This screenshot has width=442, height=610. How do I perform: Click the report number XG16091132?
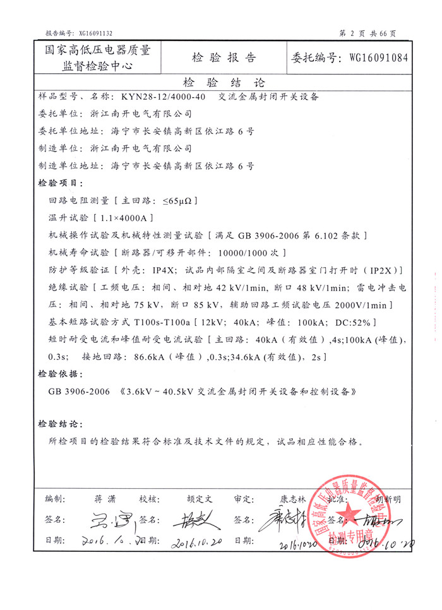95,33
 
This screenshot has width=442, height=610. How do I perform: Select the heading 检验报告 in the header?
224,58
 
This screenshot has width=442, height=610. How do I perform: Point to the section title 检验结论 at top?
224,83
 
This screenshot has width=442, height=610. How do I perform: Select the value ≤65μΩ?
180,201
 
